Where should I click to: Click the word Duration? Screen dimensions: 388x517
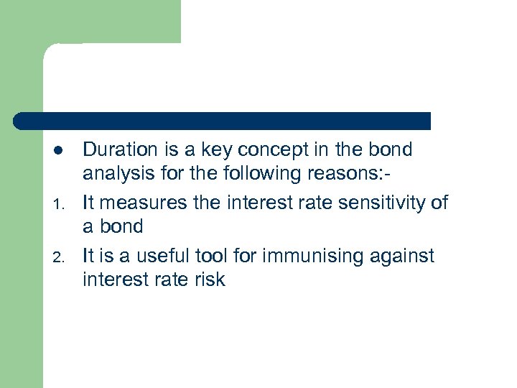[119, 149]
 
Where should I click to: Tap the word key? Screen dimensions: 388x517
[205, 149]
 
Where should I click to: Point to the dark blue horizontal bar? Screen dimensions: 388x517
[223, 121]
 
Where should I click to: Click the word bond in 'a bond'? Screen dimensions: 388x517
[122, 227]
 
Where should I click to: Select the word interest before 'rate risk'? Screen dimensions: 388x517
[118, 280]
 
